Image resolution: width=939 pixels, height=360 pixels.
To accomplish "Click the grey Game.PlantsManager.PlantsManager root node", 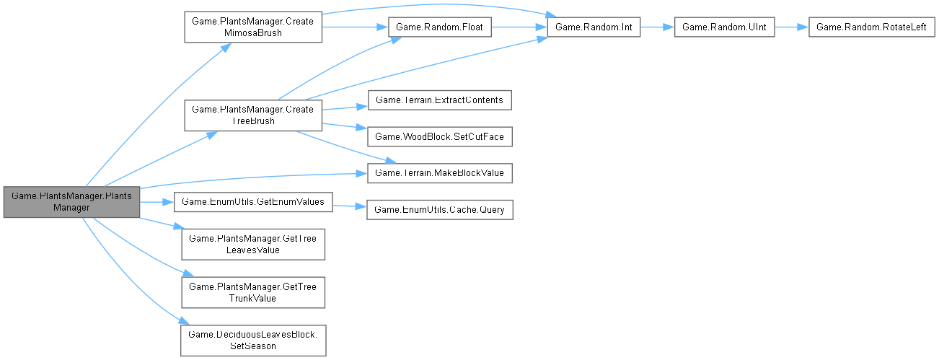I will (71, 201).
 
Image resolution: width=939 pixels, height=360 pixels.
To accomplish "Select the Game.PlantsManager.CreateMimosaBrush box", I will (252, 27).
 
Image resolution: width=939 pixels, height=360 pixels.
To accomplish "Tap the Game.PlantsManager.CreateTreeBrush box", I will (252, 115).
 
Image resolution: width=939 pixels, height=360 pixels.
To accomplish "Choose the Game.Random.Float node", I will (440, 27).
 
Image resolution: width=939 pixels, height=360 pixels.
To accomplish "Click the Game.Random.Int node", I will (594, 27).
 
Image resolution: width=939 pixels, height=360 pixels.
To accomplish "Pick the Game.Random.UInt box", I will (724, 27).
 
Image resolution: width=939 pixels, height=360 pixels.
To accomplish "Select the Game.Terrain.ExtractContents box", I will (439, 100).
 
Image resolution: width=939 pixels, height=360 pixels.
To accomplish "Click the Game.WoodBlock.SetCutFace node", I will (439, 136).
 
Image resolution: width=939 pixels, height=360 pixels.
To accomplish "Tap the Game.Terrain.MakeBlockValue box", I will (439, 172).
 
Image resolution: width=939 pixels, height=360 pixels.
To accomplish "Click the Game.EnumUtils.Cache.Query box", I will (439, 209).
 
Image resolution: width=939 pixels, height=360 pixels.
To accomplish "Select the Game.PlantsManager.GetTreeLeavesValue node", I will (252, 244).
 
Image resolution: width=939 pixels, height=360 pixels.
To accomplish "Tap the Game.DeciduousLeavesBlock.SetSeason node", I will (252, 339).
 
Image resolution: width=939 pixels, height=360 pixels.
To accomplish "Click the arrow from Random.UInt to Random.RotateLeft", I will (791, 27).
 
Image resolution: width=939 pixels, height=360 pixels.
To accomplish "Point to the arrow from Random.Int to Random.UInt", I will (657, 27).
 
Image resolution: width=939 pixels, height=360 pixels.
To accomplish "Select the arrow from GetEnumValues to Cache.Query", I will (349, 206).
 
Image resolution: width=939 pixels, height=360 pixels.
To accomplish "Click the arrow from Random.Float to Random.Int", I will (519, 27).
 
